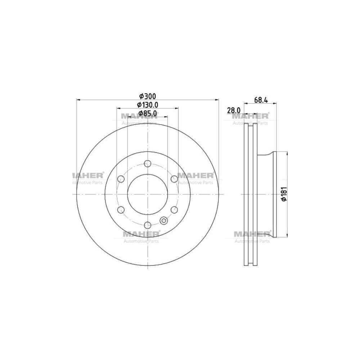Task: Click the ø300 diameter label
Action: tap(148, 96)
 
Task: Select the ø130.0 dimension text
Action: tap(148, 105)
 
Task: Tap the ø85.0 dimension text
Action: tap(148, 113)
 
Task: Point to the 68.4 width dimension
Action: tap(261, 100)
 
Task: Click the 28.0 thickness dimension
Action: tap(234, 111)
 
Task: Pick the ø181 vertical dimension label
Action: tap(284, 194)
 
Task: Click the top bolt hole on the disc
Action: tap(147, 163)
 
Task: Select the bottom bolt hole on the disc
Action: tap(147, 225)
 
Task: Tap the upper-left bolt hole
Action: tap(121, 179)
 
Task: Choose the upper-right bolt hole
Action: tap(174, 179)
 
